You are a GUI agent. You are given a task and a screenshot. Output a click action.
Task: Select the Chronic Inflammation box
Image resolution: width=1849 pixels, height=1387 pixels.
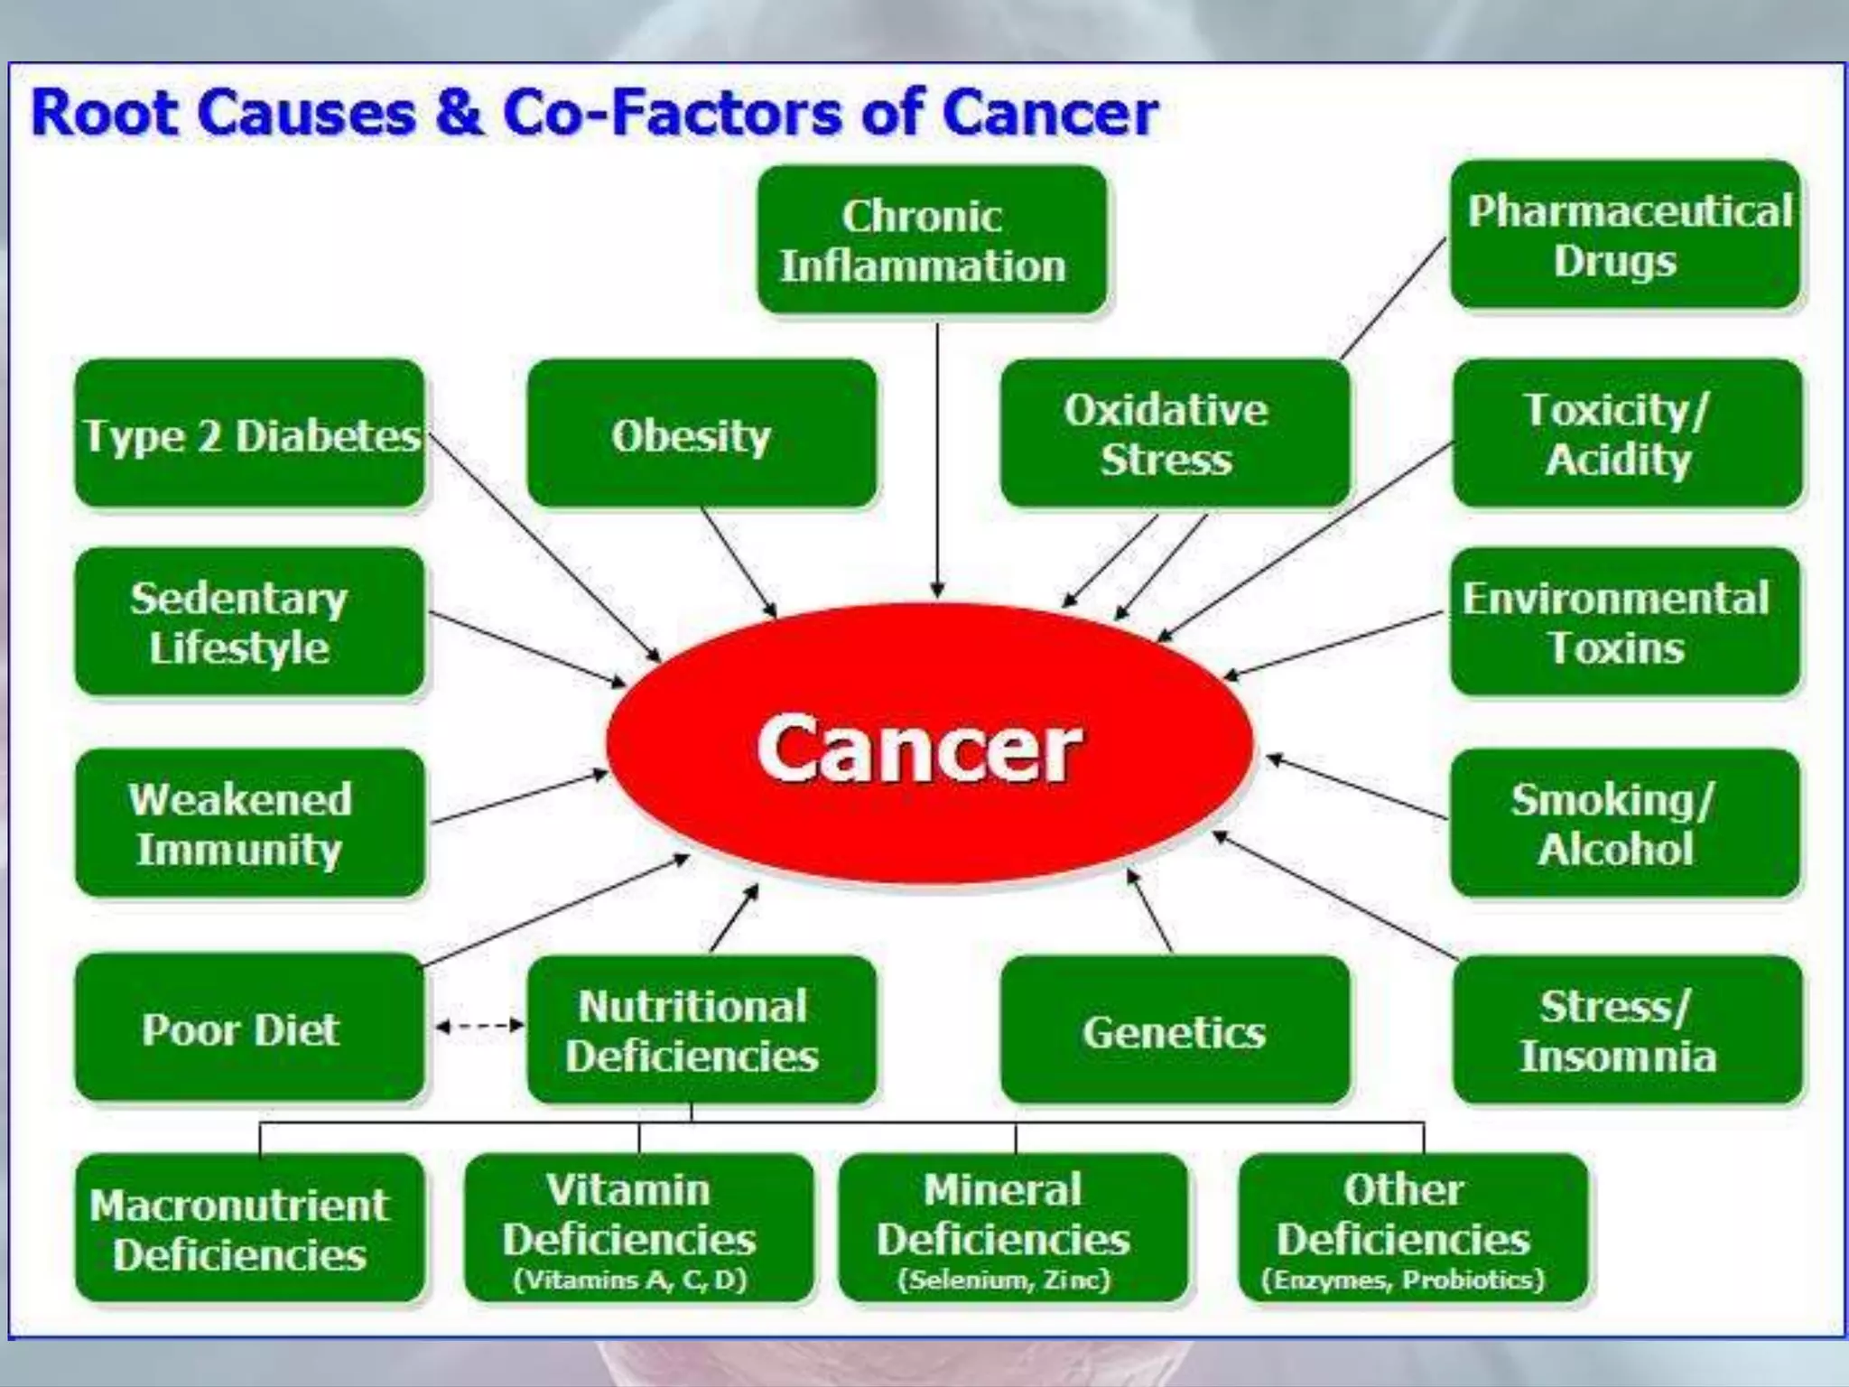(932, 240)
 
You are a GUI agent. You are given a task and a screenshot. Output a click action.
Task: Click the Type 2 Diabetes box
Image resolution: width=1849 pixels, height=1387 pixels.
(250, 434)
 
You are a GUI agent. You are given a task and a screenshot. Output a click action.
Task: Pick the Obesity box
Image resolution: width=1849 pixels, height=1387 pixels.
(702, 434)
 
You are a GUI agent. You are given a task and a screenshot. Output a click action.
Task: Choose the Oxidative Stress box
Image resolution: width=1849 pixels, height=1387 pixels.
(1175, 434)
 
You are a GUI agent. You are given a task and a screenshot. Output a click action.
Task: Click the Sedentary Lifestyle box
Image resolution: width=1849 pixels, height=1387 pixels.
(250, 622)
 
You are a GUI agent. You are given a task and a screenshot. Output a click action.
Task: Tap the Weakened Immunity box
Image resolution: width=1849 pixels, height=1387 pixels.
(250, 824)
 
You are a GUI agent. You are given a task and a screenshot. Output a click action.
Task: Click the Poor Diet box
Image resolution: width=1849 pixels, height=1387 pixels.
(250, 1029)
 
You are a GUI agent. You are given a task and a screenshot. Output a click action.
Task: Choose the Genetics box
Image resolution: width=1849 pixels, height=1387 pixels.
(1175, 1030)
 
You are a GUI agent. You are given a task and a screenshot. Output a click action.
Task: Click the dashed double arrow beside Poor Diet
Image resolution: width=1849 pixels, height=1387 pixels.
(479, 1025)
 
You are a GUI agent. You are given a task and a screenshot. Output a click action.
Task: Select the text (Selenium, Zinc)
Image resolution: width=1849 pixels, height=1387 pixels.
(1003, 1280)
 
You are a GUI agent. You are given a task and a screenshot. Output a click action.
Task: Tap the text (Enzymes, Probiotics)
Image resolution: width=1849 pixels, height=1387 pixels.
(1403, 1280)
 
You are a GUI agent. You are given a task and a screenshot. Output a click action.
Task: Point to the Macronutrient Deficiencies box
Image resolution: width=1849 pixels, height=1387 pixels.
(250, 1229)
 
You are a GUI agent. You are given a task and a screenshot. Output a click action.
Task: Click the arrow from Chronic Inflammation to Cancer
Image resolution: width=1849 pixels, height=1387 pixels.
(937, 461)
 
